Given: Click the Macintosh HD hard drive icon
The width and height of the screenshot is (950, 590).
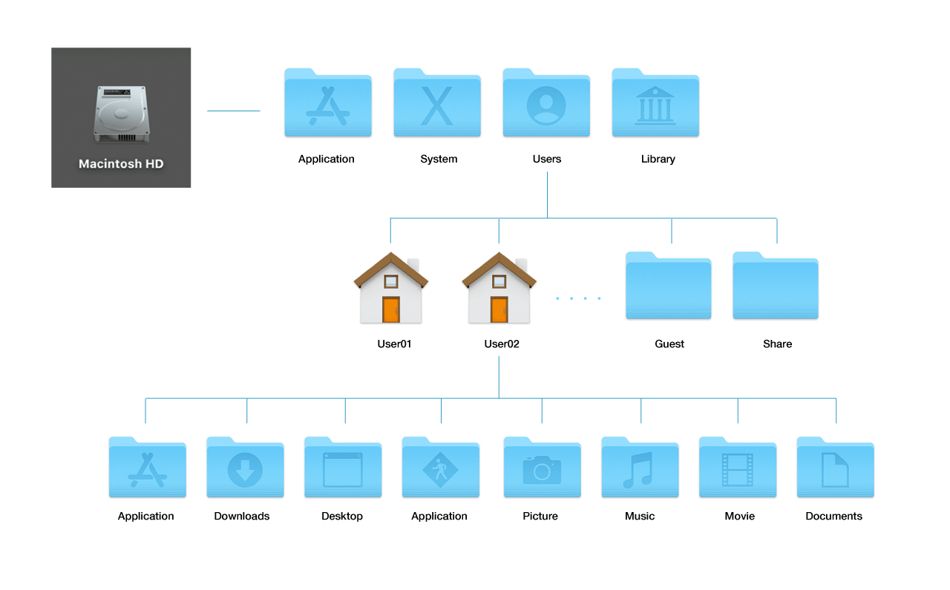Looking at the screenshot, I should point(120,115).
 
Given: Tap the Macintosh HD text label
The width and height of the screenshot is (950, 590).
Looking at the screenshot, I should point(121,164).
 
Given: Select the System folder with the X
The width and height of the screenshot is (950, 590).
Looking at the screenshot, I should point(437,103).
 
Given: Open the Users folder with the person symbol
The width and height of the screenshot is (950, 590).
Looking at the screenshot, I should point(546,103).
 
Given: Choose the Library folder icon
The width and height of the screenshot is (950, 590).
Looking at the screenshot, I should point(655,103).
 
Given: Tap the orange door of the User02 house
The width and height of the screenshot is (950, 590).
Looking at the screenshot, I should point(499,309).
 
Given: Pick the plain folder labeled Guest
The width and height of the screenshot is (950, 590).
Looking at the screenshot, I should point(668,286).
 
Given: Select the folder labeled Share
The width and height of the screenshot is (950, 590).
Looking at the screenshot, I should point(776,286).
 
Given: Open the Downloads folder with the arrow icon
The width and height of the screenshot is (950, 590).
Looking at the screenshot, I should point(245,468).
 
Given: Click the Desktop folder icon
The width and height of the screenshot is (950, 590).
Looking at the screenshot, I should point(343,468).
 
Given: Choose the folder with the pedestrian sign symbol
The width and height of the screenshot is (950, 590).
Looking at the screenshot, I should point(441,468).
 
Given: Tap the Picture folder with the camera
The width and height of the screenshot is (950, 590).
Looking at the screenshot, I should point(542,468).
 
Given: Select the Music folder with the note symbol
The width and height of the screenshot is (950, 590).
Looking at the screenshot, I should point(640,468).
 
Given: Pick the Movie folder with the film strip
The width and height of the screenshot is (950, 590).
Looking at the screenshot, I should point(738,468).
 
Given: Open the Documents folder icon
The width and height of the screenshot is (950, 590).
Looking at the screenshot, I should point(835,468).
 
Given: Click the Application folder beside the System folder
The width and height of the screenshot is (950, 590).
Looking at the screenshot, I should point(328,103).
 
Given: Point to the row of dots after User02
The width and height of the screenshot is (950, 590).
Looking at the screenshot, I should point(578,298).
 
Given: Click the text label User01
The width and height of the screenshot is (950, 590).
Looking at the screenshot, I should point(394,344).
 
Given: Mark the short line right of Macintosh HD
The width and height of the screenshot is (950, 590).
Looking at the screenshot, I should point(233,111).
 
